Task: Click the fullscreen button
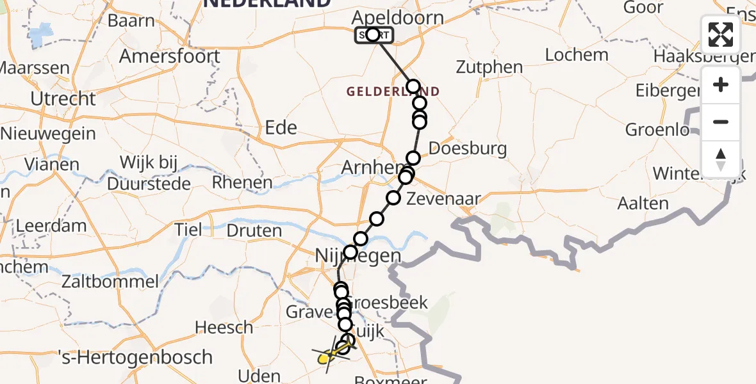click(721, 35)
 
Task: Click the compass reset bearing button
click(721, 159)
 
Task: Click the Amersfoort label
click(170, 56)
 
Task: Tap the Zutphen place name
click(489, 67)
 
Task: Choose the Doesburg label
click(468, 148)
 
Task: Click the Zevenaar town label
click(443, 199)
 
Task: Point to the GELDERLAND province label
click(393, 92)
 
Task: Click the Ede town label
click(281, 127)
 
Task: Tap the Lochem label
click(577, 54)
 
